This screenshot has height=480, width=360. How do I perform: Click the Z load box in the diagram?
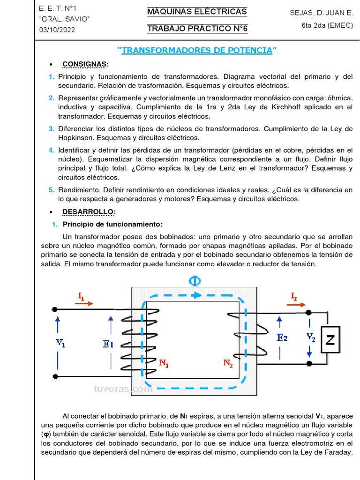[330, 340]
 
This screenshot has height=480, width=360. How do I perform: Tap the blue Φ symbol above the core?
[195, 281]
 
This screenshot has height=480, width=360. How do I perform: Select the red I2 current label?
[294, 296]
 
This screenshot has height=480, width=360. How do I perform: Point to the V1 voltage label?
[60, 343]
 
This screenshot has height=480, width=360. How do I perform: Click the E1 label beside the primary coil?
[108, 344]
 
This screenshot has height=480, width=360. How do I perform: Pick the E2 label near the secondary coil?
[282, 337]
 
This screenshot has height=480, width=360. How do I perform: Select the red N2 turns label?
[228, 363]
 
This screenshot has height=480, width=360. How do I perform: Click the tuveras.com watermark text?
[123, 389]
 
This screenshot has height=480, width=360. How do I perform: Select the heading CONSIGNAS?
[85, 64]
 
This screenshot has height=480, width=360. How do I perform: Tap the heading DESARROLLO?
[89, 211]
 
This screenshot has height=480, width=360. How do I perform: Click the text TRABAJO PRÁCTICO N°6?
[197, 29]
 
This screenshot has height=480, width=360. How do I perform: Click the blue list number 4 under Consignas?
[51, 150]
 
